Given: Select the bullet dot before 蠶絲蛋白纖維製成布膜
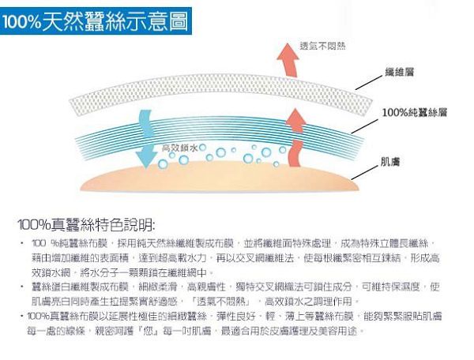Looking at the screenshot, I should point(21,285).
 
